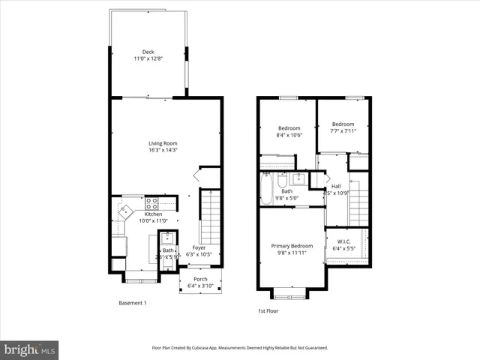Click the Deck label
[148, 52]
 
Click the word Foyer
[199, 247]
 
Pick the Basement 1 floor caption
[133, 303]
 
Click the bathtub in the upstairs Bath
[267, 187]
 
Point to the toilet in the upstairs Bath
[282, 180]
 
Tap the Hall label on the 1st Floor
[336, 186]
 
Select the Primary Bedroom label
[292, 246]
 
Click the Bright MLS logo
[30, 349]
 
